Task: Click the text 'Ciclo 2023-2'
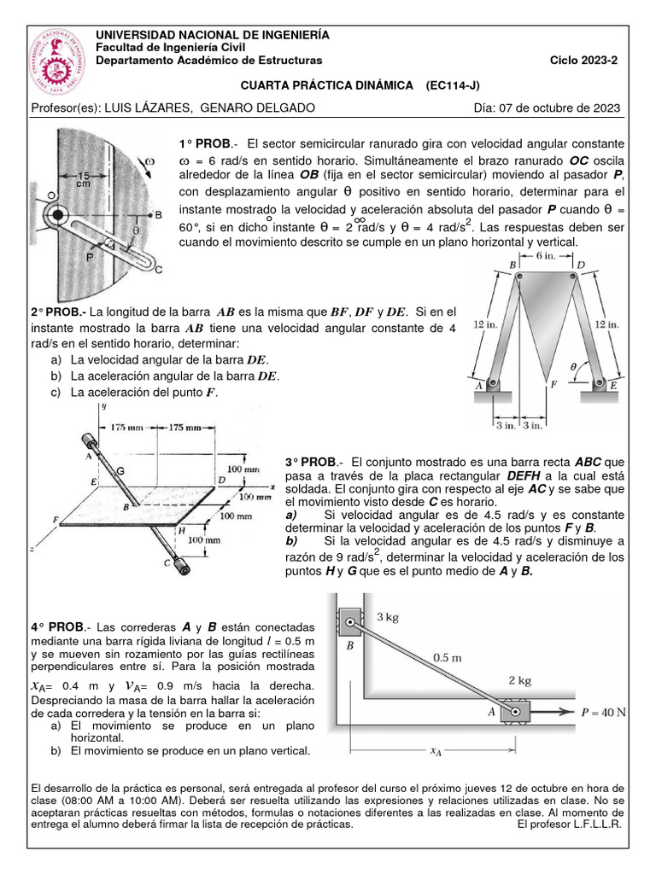tap(587, 61)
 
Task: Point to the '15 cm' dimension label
tap(84, 179)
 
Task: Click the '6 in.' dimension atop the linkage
tap(548, 256)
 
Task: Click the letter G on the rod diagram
tap(120, 470)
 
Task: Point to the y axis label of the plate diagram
tap(102, 407)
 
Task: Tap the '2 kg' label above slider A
tap(520, 680)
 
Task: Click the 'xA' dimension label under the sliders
tap(436, 751)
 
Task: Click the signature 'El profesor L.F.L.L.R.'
tap(570, 824)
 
